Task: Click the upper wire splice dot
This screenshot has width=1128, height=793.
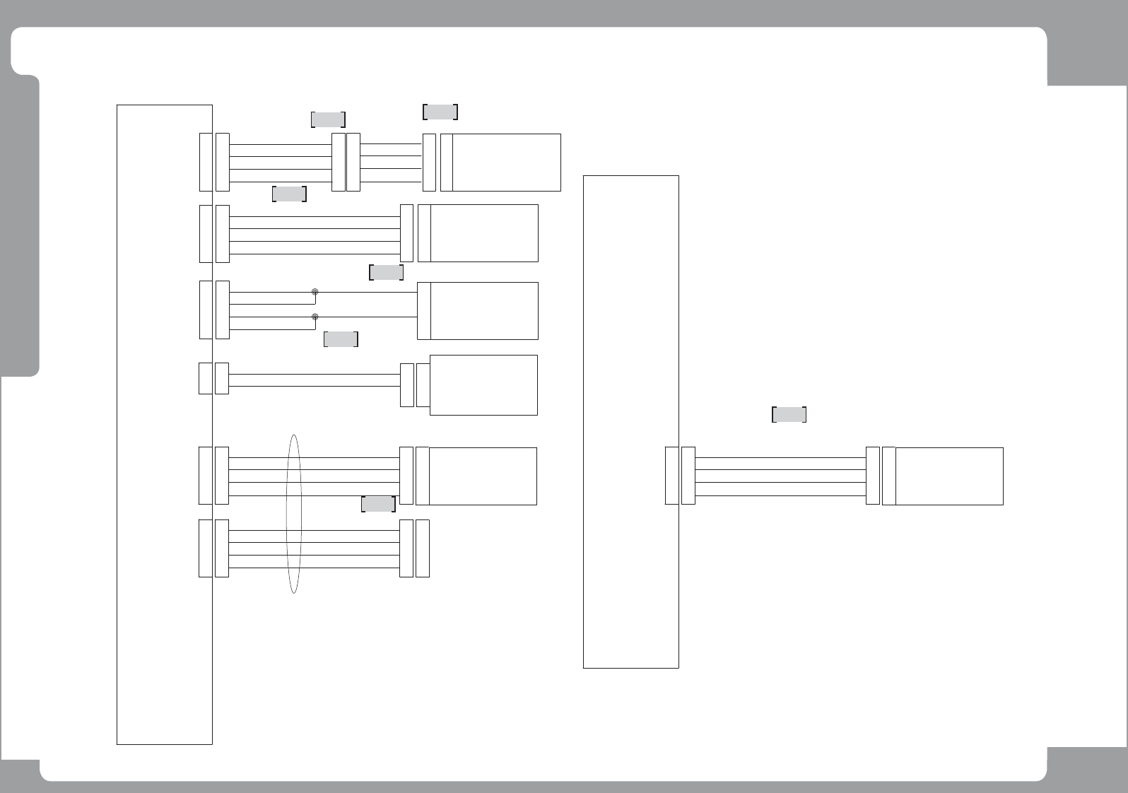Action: (x=315, y=292)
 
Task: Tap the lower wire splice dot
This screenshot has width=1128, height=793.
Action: (x=315, y=317)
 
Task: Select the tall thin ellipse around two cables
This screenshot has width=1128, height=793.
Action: (x=294, y=514)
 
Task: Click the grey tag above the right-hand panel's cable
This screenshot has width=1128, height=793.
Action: (x=789, y=415)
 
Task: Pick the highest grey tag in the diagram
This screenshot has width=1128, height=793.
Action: (x=440, y=112)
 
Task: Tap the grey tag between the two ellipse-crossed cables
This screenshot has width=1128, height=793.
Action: (x=378, y=504)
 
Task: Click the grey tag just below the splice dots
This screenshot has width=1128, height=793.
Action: (x=341, y=339)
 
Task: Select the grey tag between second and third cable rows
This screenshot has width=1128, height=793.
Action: (x=386, y=272)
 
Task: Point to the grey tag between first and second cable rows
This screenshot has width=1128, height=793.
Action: (x=289, y=194)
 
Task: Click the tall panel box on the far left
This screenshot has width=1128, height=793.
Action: (x=164, y=424)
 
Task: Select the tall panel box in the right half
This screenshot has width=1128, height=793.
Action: (x=630, y=421)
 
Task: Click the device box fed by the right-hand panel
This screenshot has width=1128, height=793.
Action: (x=949, y=476)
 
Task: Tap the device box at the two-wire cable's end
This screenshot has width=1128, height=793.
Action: (x=483, y=384)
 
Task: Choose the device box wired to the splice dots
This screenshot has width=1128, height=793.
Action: (x=483, y=310)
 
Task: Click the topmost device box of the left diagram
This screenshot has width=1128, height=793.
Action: (x=506, y=162)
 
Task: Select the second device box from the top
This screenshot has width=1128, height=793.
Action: (x=483, y=233)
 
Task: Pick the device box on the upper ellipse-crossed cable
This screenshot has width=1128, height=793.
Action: (x=483, y=476)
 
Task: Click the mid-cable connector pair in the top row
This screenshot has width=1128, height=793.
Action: (x=346, y=162)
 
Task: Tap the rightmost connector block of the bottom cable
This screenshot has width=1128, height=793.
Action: (x=423, y=548)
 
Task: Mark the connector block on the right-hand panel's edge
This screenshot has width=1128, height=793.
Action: (x=672, y=476)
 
